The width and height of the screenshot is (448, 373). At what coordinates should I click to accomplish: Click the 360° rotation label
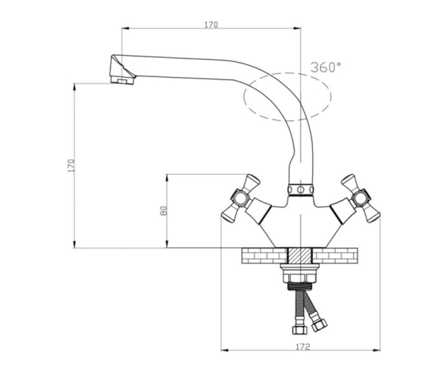[326, 67]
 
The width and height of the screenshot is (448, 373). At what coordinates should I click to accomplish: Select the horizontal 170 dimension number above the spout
[211, 25]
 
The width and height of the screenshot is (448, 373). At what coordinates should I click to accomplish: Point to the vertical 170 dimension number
[71, 165]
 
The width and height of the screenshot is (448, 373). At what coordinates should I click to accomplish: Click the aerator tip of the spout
[122, 81]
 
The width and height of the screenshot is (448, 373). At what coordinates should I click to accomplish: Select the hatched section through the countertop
[300, 256]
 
